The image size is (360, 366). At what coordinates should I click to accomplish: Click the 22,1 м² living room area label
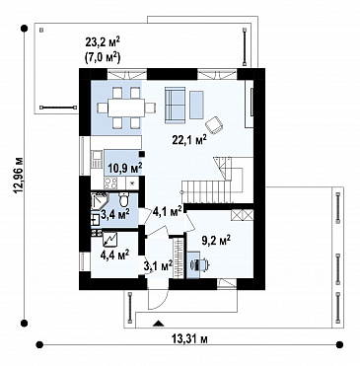[189, 139]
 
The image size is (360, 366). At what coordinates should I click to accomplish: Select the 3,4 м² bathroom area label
[114, 215]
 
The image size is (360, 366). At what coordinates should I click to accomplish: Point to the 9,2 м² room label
[216, 240]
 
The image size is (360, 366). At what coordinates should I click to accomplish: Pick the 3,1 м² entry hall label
[159, 265]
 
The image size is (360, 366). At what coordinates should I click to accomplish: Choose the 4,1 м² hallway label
[168, 211]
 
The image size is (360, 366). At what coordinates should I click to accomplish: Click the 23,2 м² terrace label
[103, 41]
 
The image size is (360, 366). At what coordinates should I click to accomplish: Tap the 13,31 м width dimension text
[189, 338]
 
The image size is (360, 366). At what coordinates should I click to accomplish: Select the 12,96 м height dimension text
[19, 175]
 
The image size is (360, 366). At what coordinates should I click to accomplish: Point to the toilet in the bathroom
[124, 198]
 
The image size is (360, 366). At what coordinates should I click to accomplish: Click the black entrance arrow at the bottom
[159, 324]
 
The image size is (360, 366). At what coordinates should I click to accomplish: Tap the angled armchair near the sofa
[214, 125]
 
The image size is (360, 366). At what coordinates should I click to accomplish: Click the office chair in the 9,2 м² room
[201, 264]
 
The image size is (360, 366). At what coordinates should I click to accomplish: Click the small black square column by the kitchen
[142, 154]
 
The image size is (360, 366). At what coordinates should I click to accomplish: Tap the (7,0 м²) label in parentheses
[101, 57]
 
